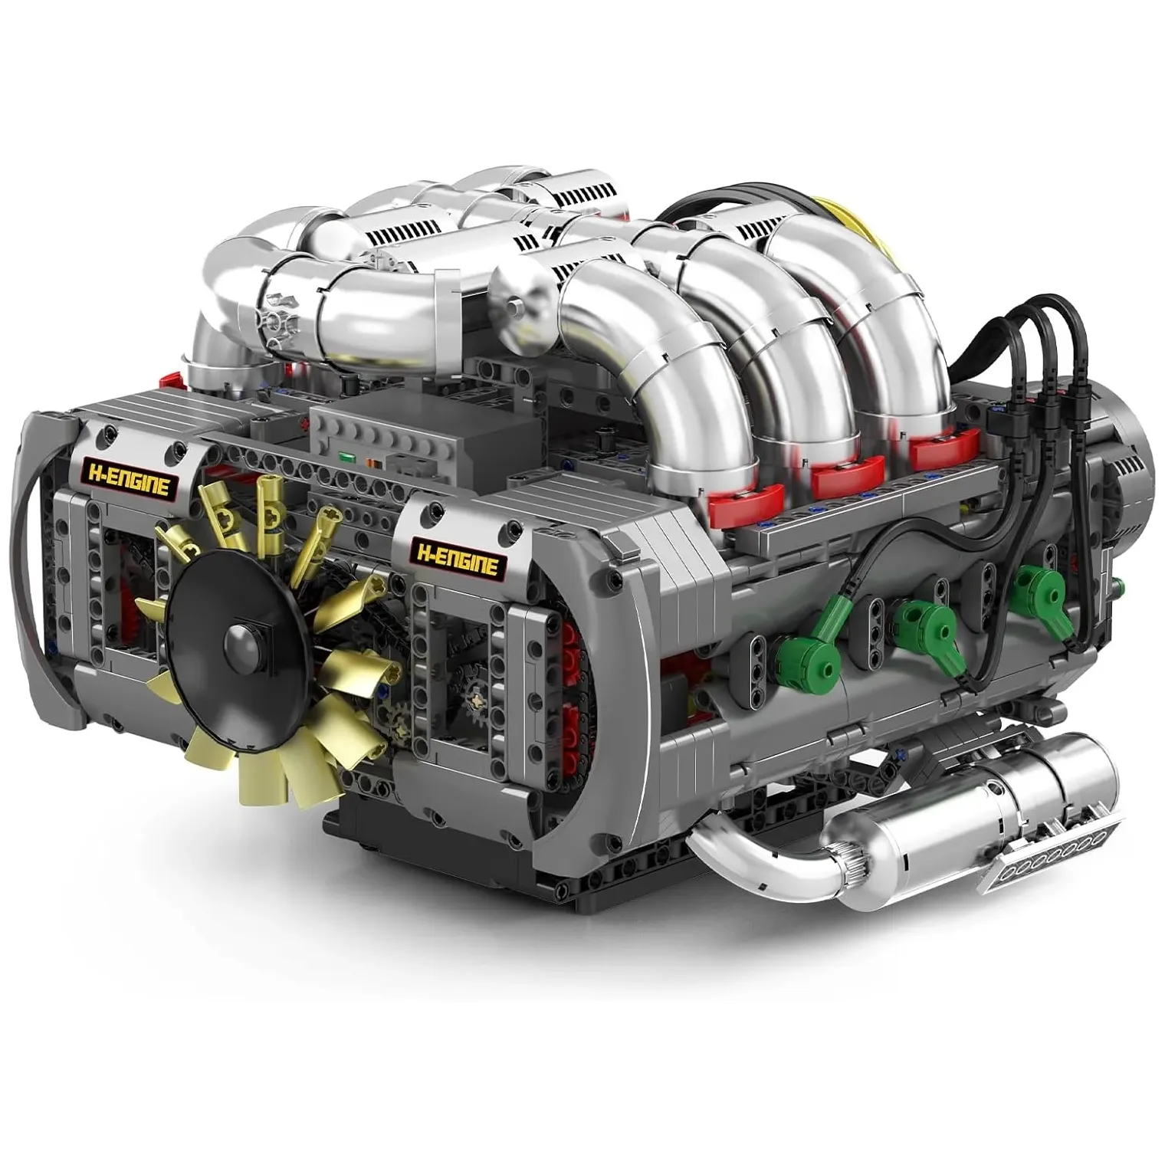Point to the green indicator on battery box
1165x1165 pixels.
point(349,459)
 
